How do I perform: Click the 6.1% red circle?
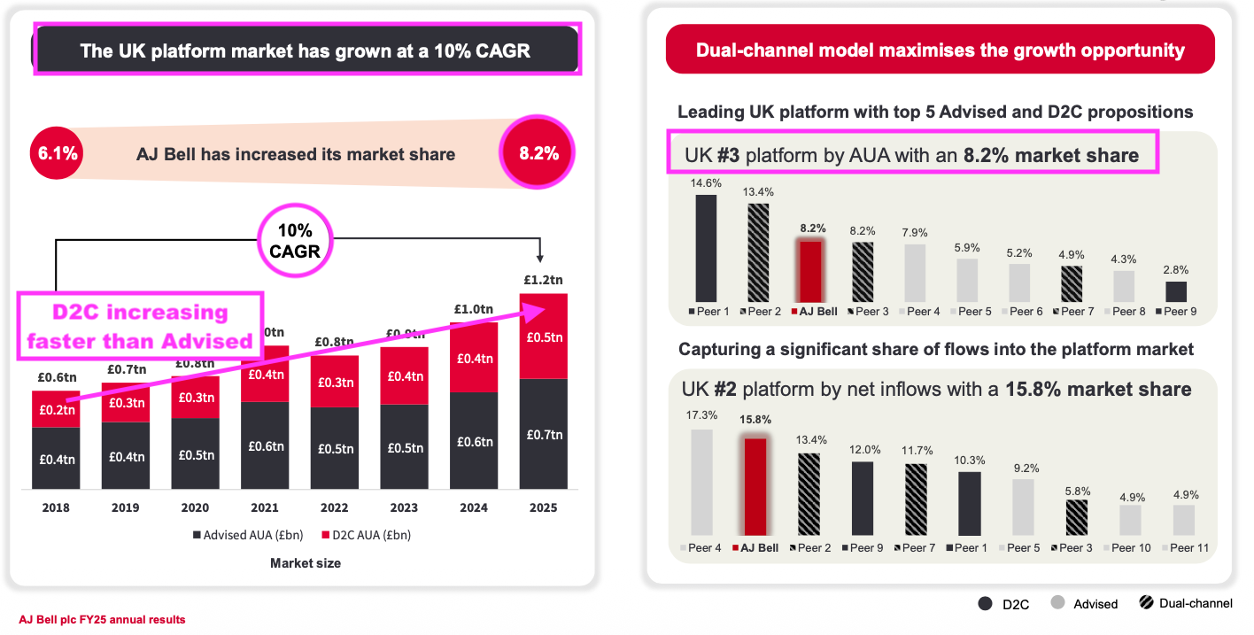tap(58, 153)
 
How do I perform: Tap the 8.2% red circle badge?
tap(538, 152)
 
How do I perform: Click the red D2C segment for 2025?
tap(543, 337)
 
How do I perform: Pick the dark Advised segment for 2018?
tap(56, 459)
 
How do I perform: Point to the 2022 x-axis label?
tap(334, 507)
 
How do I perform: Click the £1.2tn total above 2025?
tap(543, 280)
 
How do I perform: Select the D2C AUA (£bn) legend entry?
tap(366, 535)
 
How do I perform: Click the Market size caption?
tap(306, 562)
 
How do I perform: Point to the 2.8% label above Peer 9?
tap(1176, 269)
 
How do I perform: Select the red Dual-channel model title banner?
tap(940, 50)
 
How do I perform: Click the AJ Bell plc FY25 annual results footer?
tap(103, 620)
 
